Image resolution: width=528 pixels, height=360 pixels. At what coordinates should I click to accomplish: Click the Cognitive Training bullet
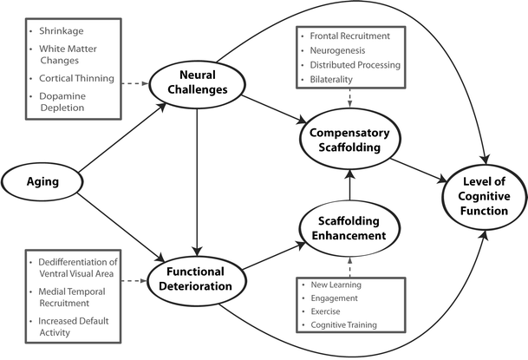tap(345, 324)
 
